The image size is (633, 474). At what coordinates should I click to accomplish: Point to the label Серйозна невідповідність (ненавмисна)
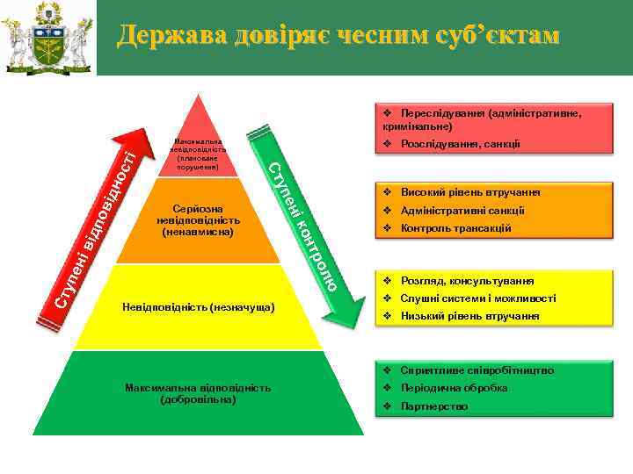tap(198, 222)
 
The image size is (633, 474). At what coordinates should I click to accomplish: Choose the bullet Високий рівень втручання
tap(469, 192)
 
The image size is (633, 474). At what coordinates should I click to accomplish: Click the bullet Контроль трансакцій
tap(455, 228)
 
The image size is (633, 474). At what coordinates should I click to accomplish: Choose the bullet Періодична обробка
tap(453, 388)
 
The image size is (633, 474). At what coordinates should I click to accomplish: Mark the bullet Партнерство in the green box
tap(433, 406)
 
